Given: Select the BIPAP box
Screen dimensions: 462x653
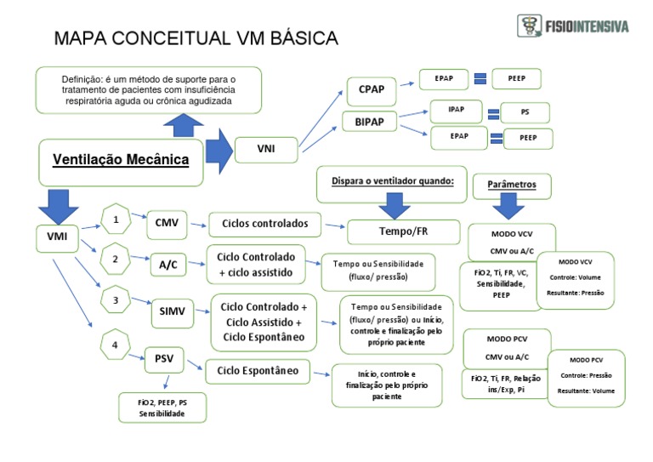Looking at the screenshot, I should pyautogui.click(x=371, y=123).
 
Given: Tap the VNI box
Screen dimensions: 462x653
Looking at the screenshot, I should pyautogui.click(x=266, y=150).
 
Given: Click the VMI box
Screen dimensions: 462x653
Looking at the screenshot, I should pyautogui.click(x=58, y=238).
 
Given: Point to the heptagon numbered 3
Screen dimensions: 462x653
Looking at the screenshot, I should pyautogui.click(x=116, y=300).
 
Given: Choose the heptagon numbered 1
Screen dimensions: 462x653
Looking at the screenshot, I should pyautogui.click(x=116, y=220).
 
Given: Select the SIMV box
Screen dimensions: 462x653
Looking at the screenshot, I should pyautogui.click(x=172, y=311).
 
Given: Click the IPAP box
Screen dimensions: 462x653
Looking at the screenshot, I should pyautogui.click(x=455, y=111).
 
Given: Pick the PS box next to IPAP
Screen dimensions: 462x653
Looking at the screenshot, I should pyautogui.click(x=525, y=112).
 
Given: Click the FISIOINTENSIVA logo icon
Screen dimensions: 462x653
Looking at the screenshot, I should pyautogui.click(x=531, y=26).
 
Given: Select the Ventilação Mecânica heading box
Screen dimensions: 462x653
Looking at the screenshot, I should pyautogui.click(x=122, y=160).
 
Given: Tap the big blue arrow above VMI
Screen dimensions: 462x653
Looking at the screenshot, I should pyautogui.click(x=58, y=205).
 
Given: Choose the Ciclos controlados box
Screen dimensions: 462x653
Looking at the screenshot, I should pyautogui.click(x=258, y=225).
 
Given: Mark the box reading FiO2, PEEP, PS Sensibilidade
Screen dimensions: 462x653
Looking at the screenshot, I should pyautogui.click(x=162, y=407).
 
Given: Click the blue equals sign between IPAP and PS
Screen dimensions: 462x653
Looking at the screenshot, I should pyautogui.click(x=492, y=113).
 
